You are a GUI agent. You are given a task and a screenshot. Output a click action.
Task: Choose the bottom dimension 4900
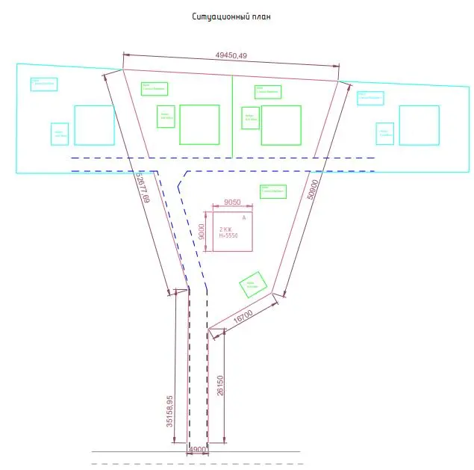[x=198, y=450]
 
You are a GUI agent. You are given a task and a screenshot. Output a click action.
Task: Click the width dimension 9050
[x=231, y=202]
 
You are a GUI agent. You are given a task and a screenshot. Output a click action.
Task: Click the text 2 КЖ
[x=225, y=229]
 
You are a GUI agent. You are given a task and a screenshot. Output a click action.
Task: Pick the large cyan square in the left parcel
[x=94, y=125]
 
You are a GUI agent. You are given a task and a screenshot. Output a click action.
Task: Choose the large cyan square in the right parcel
[x=419, y=125]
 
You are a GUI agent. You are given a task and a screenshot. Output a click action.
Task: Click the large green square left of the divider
[x=199, y=124]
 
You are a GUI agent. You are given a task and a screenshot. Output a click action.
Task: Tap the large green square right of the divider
[x=281, y=125]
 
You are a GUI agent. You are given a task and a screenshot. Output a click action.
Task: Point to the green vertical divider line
[x=232, y=116]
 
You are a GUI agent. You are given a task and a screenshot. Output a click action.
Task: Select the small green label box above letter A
[x=273, y=191]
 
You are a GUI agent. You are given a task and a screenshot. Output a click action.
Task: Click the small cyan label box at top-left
[x=44, y=84]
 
